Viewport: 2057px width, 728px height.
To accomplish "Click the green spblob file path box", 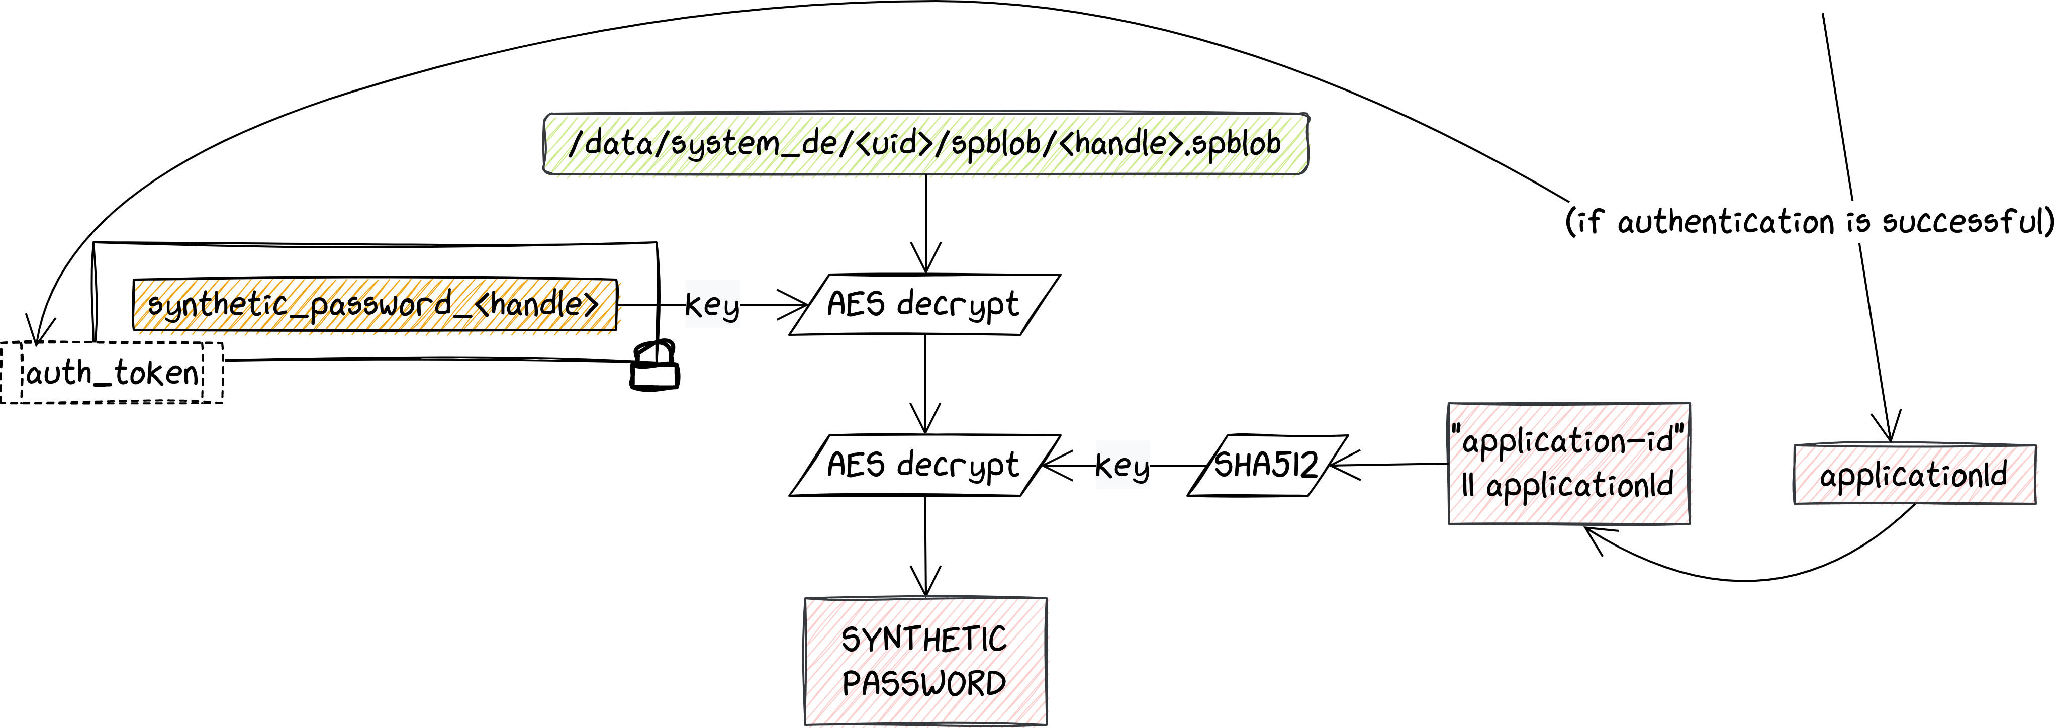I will [x=925, y=144].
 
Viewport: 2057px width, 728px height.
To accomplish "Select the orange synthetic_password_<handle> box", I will [x=375, y=304].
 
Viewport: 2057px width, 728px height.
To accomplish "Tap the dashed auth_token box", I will [x=112, y=373].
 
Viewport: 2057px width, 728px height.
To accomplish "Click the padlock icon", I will [x=655, y=367].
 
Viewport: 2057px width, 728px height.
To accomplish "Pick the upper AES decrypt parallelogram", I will [x=924, y=304].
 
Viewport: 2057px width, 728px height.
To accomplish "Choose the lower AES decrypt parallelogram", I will [x=924, y=466].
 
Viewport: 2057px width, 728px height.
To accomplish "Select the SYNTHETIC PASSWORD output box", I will [x=925, y=661].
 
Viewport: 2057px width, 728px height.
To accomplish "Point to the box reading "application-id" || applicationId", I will [x=1568, y=464].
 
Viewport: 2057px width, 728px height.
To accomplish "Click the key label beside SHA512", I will [x=1122, y=466].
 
